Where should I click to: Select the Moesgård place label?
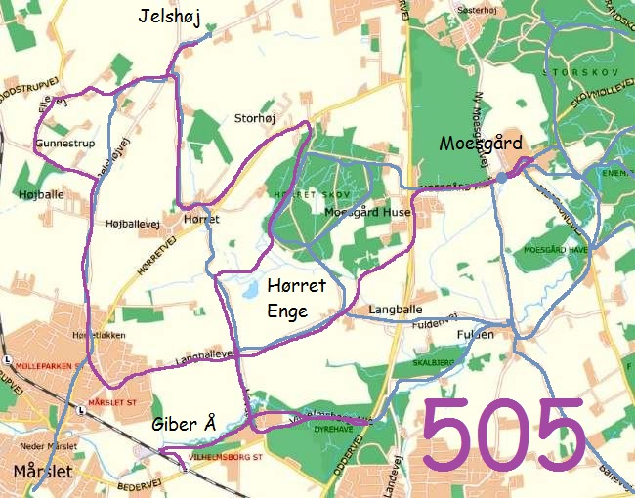coord(481,143)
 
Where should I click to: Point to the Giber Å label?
coord(183,424)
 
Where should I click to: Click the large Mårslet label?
coord(43,472)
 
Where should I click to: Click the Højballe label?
coord(41,194)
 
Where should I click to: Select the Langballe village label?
coord(396,310)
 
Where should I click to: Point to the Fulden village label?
coord(476,334)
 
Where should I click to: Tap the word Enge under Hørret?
coord(287,312)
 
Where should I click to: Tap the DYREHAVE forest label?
coord(334,428)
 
